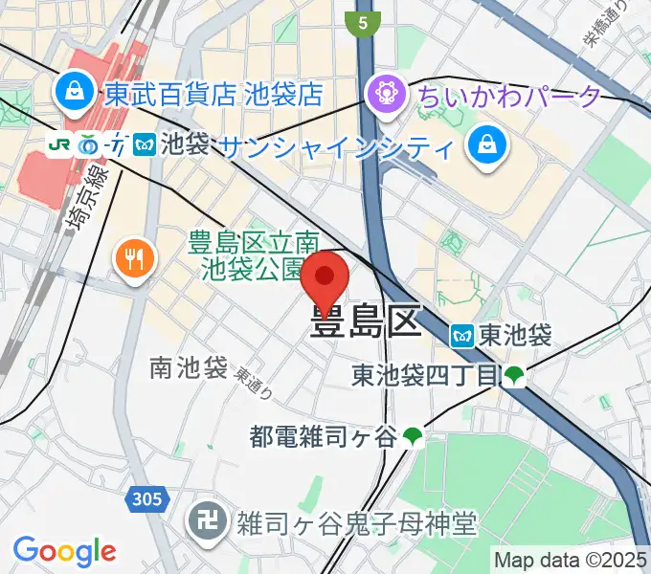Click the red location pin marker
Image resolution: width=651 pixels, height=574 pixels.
click(325, 278)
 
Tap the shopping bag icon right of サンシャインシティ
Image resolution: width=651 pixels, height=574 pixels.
click(485, 146)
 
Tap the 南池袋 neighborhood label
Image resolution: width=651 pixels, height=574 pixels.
click(188, 366)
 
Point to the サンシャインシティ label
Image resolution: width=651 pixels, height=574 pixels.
click(336, 147)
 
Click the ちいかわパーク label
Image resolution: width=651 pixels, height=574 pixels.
click(508, 95)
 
